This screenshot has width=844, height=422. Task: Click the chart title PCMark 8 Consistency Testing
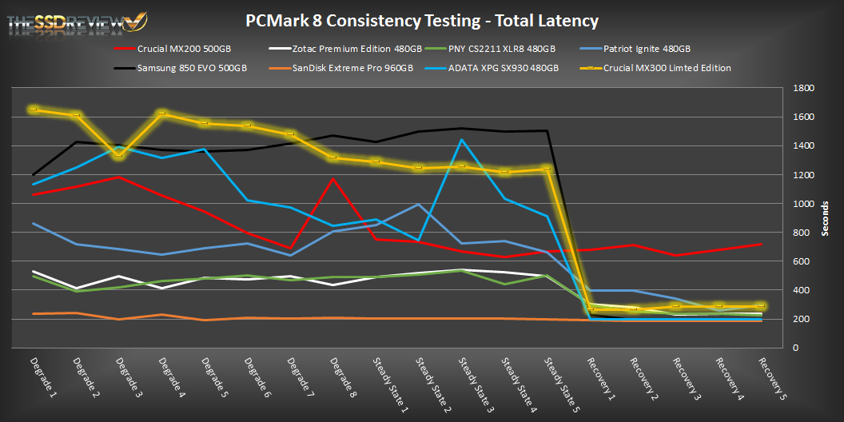pos(421,20)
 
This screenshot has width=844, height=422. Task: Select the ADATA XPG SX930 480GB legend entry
pos(502,68)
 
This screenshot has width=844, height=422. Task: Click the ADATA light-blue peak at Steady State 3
pos(462,140)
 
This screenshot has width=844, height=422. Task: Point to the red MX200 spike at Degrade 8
pos(333,178)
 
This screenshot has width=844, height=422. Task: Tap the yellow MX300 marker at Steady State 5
pos(547,169)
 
